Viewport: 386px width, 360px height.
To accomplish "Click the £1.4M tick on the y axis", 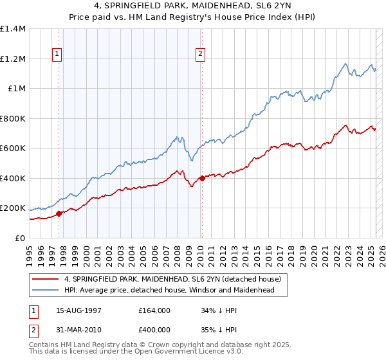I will [13, 29].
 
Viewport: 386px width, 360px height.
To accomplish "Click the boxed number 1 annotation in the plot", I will [58, 54].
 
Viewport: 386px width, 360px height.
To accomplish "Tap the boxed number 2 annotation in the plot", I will [201, 54].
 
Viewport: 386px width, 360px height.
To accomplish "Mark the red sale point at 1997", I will [59, 213].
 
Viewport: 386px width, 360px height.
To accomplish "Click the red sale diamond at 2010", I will [202, 178].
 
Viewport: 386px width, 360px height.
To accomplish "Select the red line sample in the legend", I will [46, 280].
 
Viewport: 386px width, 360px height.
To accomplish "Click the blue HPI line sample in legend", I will [46, 291].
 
